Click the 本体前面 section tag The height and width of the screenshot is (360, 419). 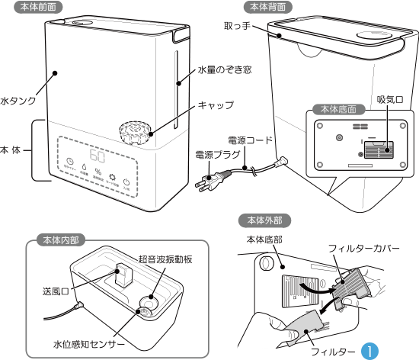point(42,6)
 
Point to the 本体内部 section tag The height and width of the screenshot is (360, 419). point(61,238)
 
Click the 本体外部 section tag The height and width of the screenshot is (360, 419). point(260,220)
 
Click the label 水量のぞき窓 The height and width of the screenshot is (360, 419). point(225,69)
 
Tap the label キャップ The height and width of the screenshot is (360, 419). point(216,104)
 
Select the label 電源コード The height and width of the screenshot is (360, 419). point(250,140)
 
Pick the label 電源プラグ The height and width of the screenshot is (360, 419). point(215,155)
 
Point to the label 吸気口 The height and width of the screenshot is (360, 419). point(390,100)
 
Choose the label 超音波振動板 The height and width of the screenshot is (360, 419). point(165,259)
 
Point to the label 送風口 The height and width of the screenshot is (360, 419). point(55,291)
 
